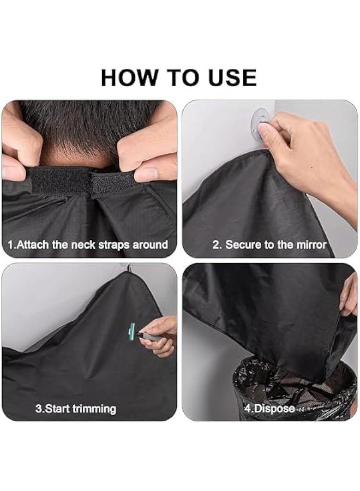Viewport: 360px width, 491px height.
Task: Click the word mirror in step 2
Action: pos(311,245)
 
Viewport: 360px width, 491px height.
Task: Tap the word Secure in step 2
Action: pos(243,245)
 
